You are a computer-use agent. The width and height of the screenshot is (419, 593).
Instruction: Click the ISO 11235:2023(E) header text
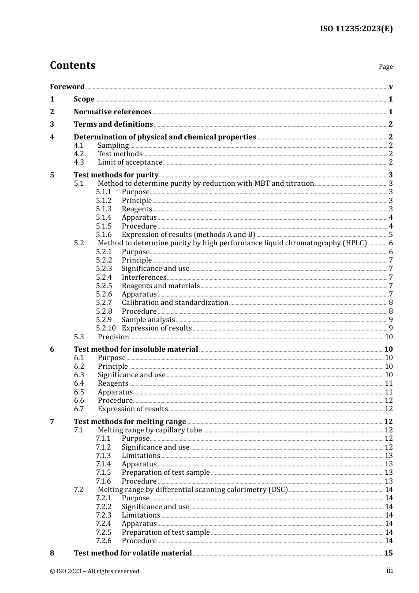[356, 29]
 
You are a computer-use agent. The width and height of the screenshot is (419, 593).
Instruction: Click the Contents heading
[72, 65]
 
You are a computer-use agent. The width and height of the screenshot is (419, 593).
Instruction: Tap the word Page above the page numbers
[385, 67]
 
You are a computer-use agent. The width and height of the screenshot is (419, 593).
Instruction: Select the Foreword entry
[67, 87]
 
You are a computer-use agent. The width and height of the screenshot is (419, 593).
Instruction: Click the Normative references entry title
[112, 112]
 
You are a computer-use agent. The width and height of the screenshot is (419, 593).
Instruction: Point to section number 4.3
[79, 162]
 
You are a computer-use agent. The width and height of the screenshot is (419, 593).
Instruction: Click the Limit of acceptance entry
[130, 162]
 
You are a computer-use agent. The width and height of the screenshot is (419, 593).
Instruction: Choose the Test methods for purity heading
[116, 175]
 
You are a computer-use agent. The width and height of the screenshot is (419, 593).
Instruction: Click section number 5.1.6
[104, 235]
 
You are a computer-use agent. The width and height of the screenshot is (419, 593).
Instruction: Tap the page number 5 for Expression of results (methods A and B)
[391, 235]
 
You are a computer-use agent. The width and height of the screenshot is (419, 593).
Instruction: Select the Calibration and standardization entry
[175, 303]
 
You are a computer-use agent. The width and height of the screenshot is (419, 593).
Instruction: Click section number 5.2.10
[106, 328]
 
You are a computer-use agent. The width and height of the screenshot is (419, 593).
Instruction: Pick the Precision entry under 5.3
[113, 337]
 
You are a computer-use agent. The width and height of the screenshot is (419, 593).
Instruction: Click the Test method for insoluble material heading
[136, 349]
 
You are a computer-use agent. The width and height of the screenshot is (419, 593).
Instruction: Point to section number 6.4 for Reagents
[79, 383]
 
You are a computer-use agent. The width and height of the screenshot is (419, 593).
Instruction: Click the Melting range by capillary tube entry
[150, 430]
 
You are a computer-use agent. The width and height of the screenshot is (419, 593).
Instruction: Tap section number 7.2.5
[104, 533]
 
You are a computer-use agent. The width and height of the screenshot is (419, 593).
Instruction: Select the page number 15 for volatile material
[388, 553]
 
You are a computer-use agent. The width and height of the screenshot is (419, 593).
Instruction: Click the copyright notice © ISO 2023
[94, 571]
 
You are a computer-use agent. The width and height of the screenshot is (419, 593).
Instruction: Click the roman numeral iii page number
[389, 570]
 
